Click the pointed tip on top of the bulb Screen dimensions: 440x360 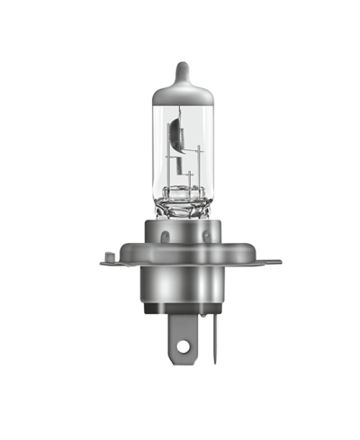point(184,66)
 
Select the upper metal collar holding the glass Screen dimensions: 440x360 point(184,236)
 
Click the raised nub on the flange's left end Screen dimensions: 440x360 point(109,256)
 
